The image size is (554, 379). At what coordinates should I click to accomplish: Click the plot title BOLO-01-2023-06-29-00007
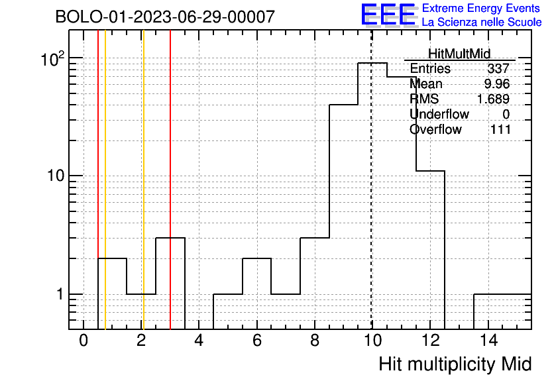(165, 17)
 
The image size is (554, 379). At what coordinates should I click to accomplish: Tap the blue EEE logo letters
(388, 15)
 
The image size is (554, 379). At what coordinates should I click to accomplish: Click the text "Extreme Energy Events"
(481, 8)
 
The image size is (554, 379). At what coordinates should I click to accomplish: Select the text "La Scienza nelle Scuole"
(482, 23)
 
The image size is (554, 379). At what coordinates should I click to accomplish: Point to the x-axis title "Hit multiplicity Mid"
(455, 364)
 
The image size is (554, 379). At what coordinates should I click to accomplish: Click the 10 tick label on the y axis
(56, 176)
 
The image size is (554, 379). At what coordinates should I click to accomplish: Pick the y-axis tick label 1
(60, 294)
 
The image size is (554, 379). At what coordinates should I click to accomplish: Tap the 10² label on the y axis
(53, 59)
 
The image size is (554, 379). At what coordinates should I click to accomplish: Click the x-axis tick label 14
(489, 341)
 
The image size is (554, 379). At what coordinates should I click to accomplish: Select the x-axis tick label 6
(257, 341)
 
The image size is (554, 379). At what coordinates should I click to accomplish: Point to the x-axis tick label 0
(83, 341)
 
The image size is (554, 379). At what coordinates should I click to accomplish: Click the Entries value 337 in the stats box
(498, 68)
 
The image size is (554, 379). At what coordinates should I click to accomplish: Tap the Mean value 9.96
(497, 83)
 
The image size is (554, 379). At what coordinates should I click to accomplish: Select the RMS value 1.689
(493, 99)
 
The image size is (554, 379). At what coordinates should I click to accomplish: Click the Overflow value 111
(500, 129)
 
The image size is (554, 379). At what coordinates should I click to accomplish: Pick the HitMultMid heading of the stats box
(459, 54)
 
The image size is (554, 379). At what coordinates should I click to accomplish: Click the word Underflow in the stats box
(439, 114)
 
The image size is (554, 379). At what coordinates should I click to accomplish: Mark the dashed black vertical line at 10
(371, 180)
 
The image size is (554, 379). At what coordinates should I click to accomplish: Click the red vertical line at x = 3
(170, 180)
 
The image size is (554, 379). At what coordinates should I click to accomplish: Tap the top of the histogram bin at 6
(257, 258)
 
